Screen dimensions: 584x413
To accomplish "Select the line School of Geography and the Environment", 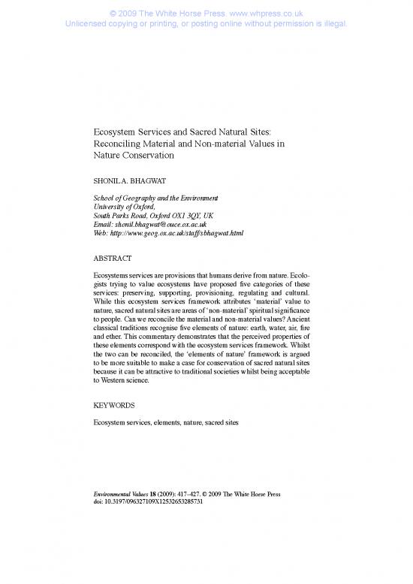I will click(x=152, y=197).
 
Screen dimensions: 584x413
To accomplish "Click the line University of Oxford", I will click(x=121, y=206).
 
